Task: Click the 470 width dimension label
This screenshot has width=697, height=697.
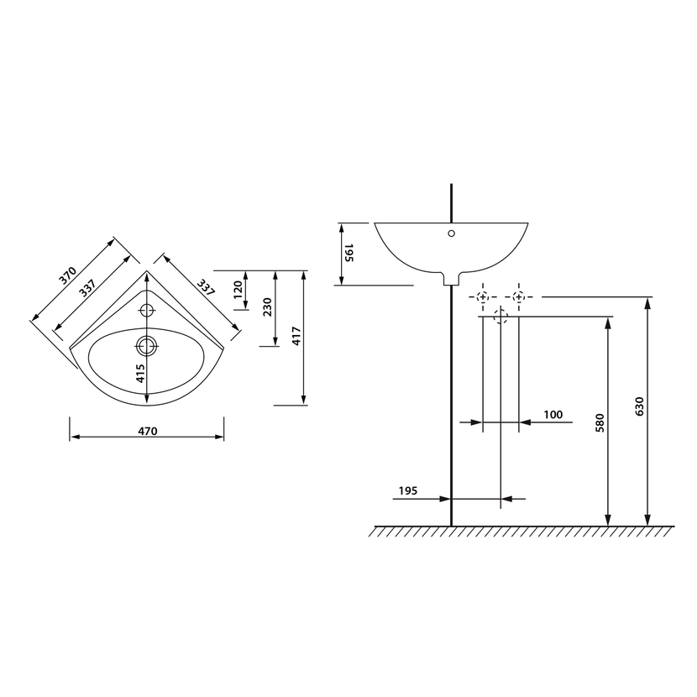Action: (148, 431)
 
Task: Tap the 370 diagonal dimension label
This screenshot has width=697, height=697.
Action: (69, 275)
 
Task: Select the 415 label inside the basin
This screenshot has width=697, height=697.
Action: (140, 374)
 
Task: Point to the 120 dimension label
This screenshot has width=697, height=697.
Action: (238, 290)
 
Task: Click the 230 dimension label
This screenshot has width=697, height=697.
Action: (268, 307)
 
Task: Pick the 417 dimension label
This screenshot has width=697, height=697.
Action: (296, 336)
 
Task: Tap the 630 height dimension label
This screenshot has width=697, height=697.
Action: (640, 406)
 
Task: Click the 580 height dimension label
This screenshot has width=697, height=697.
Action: (600, 423)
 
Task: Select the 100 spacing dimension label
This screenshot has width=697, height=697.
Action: (553, 415)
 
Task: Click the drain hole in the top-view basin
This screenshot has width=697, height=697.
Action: (147, 345)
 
